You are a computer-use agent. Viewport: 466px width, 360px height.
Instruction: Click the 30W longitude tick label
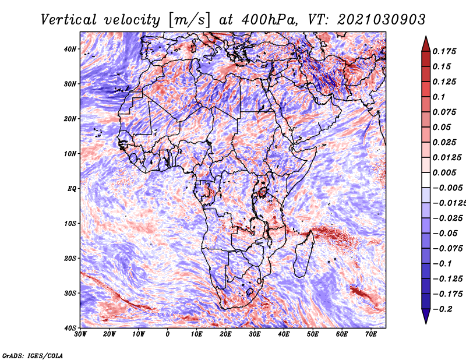coord(80,334)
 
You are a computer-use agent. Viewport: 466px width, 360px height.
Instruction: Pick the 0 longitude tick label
coord(168,334)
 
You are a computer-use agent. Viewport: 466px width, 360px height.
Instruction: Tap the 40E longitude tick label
coord(284,334)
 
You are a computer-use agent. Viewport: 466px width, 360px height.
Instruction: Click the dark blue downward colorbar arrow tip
coord(426,319)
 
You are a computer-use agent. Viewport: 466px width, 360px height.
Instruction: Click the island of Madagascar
coord(302,253)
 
